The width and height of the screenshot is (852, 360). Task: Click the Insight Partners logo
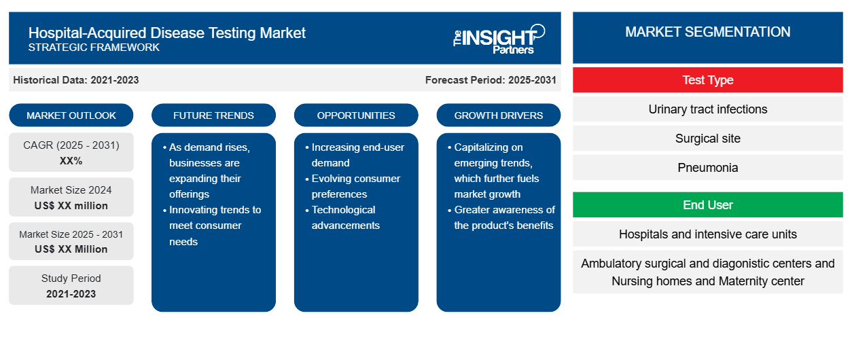pyautogui.click(x=499, y=39)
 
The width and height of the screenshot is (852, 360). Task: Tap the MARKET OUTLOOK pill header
pyautogui.click(x=71, y=115)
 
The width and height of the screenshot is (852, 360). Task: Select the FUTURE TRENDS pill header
pyautogui.click(x=213, y=115)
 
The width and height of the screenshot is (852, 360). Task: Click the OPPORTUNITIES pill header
pyautogui.click(x=356, y=115)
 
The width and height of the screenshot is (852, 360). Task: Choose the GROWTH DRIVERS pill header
pyautogui.click(x=498, y=115)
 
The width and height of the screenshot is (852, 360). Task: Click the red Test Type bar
pyautogui.click(x=707, y=80)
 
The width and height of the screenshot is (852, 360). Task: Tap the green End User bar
pyautogui.click(x=707, y=205)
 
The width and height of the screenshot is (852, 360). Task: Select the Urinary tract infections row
pyautogui.click(x=707, y=109)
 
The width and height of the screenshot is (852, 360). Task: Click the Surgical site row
pyautogui.click(x=707, y=139)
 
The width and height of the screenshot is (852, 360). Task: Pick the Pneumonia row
pyautogui.click(x=707, y=168)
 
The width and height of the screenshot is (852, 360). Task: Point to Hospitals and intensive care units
pyautogui.click(x=707, y=234)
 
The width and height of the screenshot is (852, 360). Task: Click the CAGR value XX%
pyautogui.click(x=71, y=161)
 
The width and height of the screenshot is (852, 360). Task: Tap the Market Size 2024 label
pyautogui.click(x=71, y=190)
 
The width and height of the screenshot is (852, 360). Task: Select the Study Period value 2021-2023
pyautogui.click(x=71, y=294)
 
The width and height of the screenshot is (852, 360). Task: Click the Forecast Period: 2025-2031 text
pyautogui.click(x=491, y=80)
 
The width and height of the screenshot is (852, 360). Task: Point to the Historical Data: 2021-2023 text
pyautogui.click(x=76, y=80)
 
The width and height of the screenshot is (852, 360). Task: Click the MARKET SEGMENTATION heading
pyautogui.click(x=707, y=32)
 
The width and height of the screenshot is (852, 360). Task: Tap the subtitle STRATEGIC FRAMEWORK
pyautogui.click(x=94, y=48)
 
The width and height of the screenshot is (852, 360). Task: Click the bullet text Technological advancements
pyautogui.click(x=345, y=217)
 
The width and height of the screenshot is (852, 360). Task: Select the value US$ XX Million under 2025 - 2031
pyautogui.click(x=71, y=249)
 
